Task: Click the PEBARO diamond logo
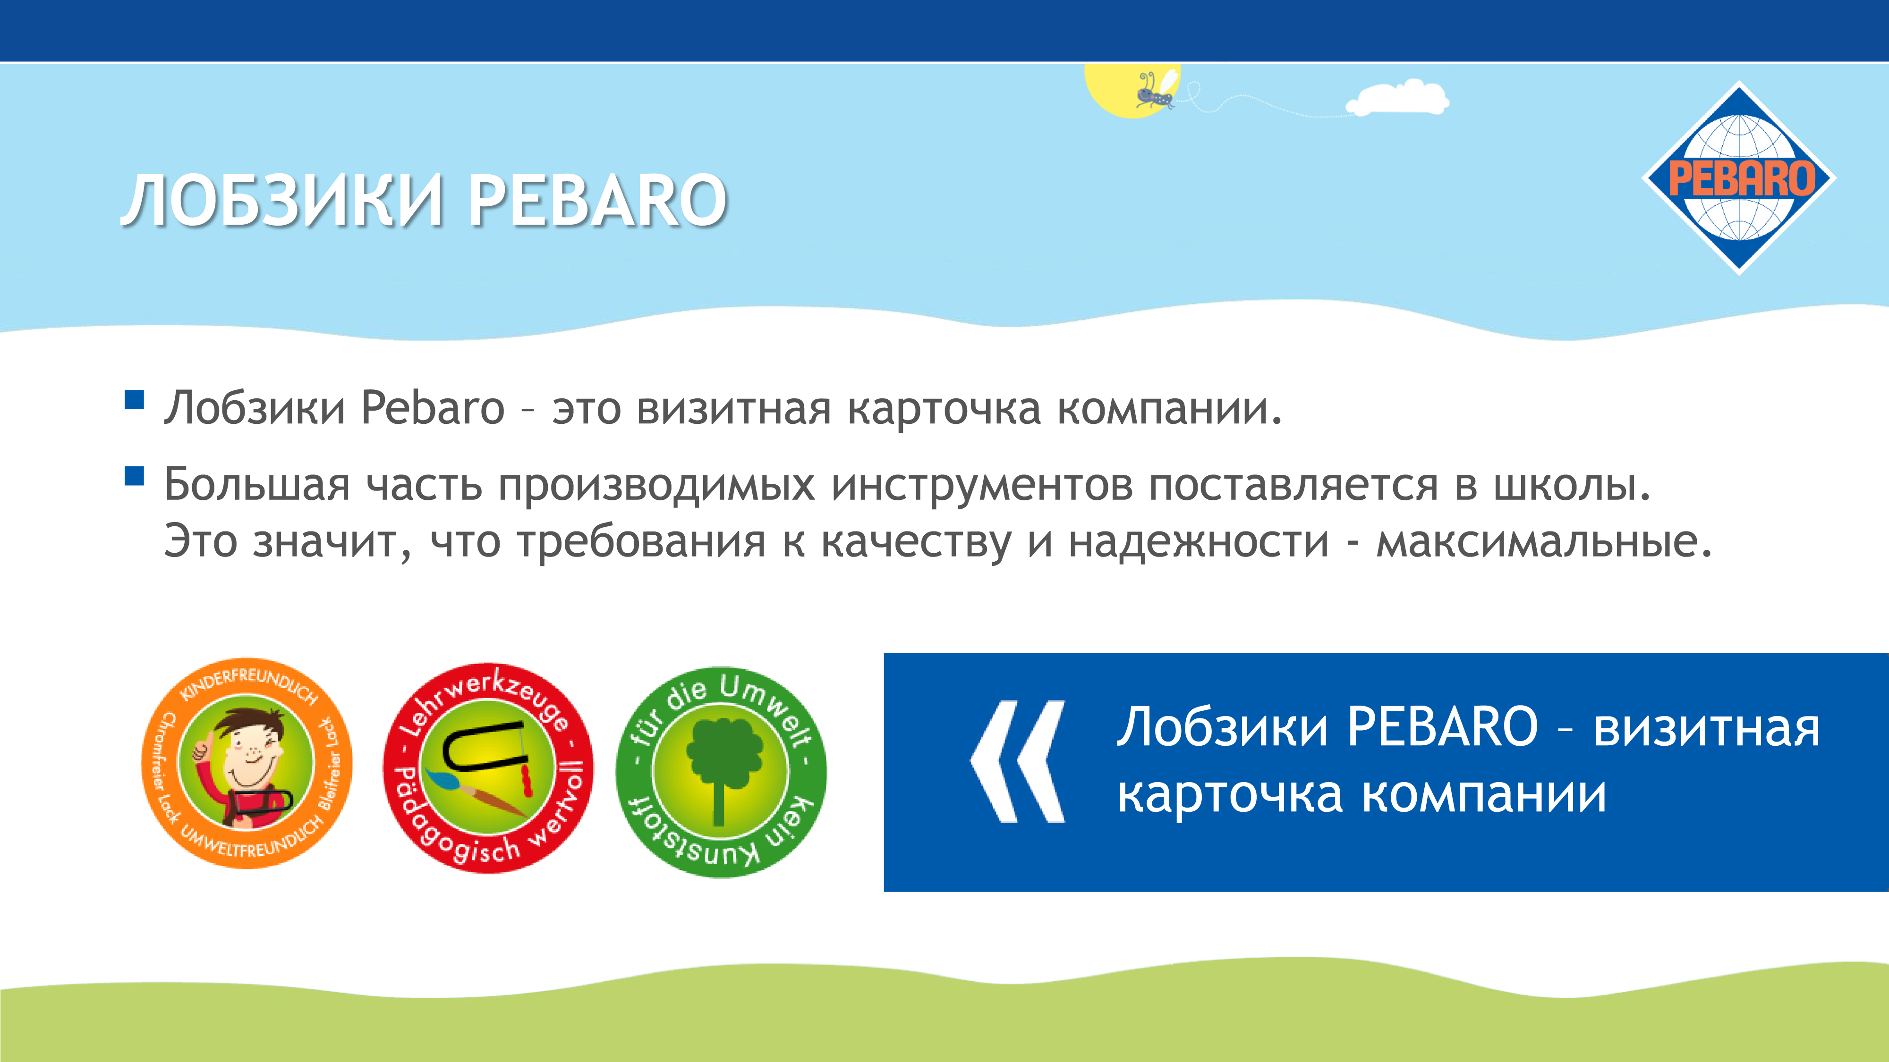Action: pyautogui.click(x=1739, y=178)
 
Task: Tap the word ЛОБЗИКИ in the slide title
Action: pyautogui.click(x=283, y=200)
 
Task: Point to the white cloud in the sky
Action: pyautogui.click(x=1397, y=99)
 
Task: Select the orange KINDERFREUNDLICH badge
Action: pyautogui.click(x=247, y=763)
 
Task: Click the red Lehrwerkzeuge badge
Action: pyautogui.click(x=488, y=767)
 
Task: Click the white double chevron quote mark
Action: pyautogui.click(x=1018, y=761)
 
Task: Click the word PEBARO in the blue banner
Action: pyautogui.click(x=1442, y=726)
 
